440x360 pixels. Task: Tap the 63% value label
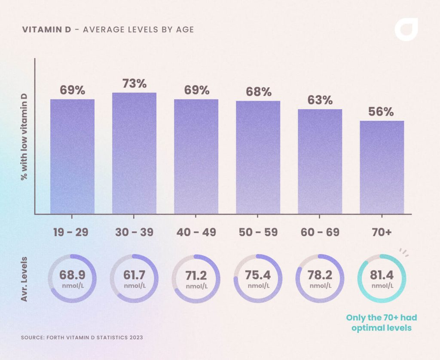click(320, 100)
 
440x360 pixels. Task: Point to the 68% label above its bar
click(258, 92)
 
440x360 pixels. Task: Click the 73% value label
click(134, 83)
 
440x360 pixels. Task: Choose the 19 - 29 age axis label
click(71, 232)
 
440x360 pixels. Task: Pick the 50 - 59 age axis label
click(258, 232)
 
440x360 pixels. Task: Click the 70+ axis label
click(382, 232)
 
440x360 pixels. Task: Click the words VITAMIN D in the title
click(44, 30)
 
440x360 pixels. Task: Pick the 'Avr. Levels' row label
click(24, 279)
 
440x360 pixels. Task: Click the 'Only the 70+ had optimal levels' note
click(382, 323)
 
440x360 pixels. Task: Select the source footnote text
click(82, 338)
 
